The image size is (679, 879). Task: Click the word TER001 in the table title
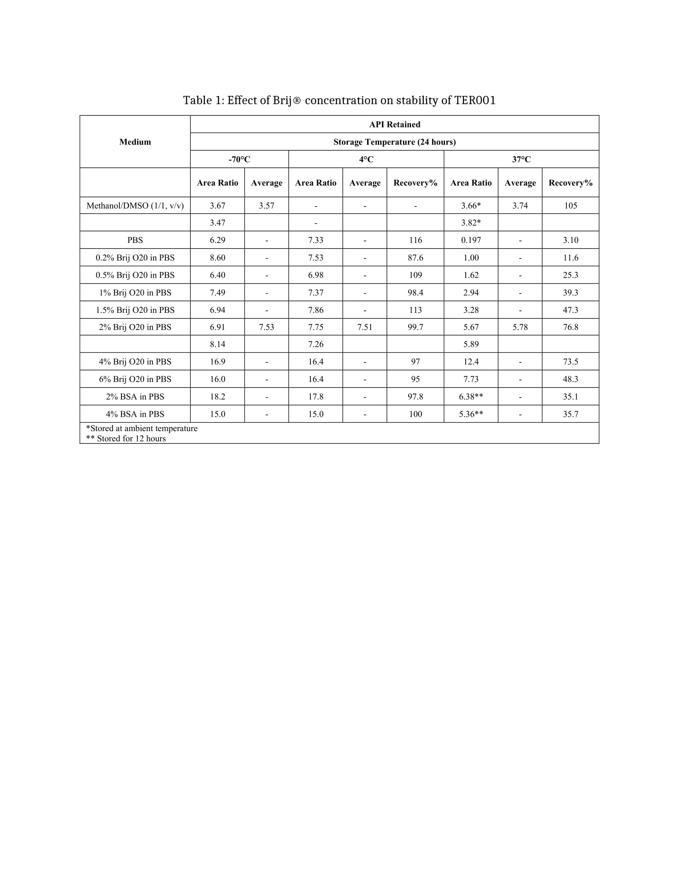(x=475, y=100)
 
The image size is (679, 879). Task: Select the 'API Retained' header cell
(x=395, y=124)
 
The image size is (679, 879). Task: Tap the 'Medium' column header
(x=135, y=142)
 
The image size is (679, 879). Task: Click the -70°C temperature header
(x=239, y=159)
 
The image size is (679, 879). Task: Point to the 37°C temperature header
(x=521, y=159)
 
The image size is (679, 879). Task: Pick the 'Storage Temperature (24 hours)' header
(x=395, y=142)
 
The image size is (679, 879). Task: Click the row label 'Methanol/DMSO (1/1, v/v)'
(x=135, y=206)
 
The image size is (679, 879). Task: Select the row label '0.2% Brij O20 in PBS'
(x=135, y=258)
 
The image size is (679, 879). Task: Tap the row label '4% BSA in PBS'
(x=135, y=414)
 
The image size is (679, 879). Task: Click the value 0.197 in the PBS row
(x=471, y=240)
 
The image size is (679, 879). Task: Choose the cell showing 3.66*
(x=471, y=206)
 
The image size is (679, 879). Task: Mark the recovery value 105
(x=570, y=206)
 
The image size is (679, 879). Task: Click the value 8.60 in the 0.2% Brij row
(x=218, y=258)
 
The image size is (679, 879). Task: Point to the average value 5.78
(x=520, y=327)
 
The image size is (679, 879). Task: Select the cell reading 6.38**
(x=471, y=397)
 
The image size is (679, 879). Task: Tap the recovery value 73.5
(x=570, y=362)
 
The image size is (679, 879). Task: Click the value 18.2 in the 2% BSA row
(x=218, y=397)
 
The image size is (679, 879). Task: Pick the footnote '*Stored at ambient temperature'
(x=142, y=428)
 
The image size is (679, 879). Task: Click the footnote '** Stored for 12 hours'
(x=126, y=439)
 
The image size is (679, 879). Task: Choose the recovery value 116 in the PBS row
(x=415, y=240)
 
